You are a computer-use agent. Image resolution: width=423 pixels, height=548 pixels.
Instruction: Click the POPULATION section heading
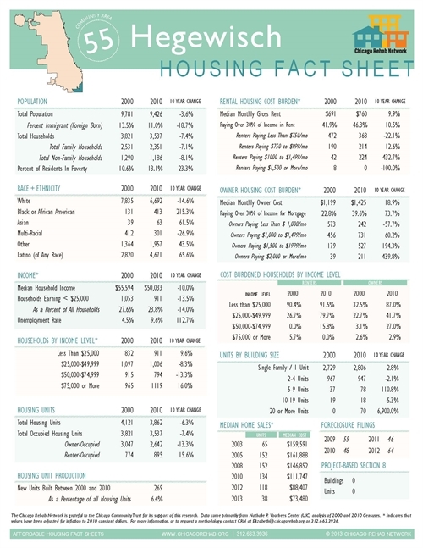tap(34, 100)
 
